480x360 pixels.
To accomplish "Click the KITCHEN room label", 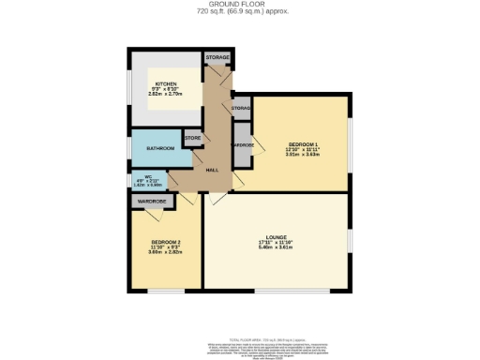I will tap(166, 84).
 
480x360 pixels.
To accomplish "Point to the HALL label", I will tap(213, 169).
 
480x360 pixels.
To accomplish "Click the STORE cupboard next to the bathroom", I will tap(192, 139).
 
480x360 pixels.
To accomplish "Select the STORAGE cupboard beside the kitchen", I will tap(217, 58).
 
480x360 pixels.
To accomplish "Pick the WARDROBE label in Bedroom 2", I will tap(152, 202).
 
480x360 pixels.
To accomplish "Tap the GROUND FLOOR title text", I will tap(240, 5).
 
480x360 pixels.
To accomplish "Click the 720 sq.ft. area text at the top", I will tap(240, 12).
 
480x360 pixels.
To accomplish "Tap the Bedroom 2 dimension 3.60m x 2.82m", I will tap(165, 253).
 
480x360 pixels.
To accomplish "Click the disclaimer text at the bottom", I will tap(240, 350).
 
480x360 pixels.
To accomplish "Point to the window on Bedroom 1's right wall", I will tap(350, 145).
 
